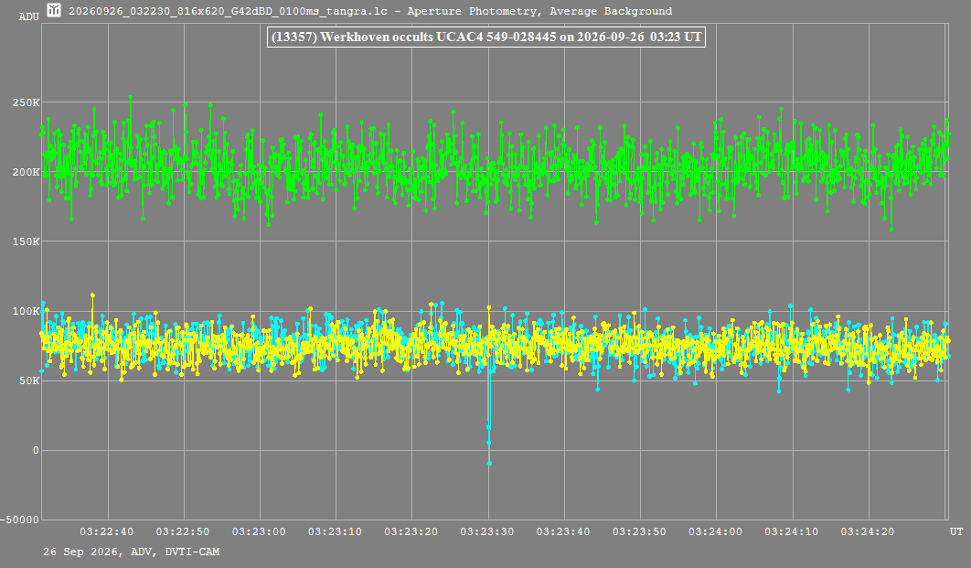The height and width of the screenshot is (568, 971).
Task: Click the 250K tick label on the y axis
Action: (x=26, y=102)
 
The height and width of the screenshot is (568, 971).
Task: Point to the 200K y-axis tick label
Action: (x=26, y=172)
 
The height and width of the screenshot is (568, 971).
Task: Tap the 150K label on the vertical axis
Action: (x=26, y=241)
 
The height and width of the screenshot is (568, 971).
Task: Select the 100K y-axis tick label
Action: (x=26, y=311)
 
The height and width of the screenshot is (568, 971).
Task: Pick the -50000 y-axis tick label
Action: (x=20, y=520)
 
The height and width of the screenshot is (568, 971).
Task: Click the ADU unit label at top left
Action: (x=28, y=16)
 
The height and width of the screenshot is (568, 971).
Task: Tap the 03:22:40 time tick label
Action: (x=106, y=531)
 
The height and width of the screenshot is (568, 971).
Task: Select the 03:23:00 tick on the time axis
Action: (x=259, y=531)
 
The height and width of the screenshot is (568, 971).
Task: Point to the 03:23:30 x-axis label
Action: (x=487, y=531)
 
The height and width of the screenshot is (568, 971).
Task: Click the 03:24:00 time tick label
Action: (x=715, y=531)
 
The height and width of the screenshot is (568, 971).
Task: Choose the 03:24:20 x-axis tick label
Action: (x=868, y=531)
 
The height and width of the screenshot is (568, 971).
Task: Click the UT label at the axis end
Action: (x=956, y=531)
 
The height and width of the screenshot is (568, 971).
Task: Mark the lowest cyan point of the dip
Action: (x=489, y=463)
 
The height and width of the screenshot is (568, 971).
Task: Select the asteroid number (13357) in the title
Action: (x=294, y=38)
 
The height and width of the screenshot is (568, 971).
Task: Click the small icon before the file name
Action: (x=55, y=10)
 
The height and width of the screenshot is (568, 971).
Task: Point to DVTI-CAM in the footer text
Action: (x=192, y=552)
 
